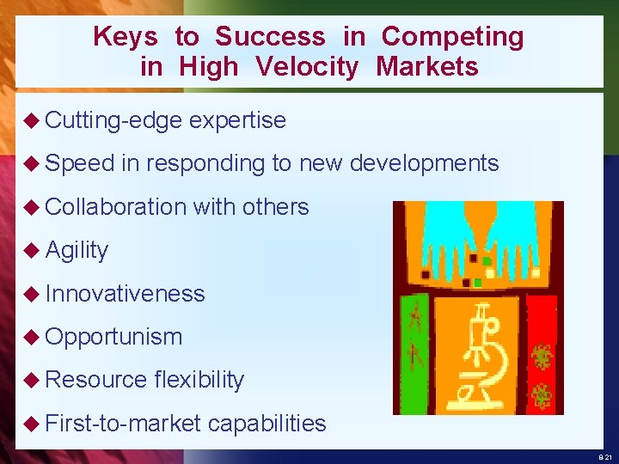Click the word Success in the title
point(270,37)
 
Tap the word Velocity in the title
point(306,67)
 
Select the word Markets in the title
point(426,67)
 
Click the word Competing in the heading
point(452,38)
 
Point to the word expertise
point(237,120)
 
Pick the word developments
point(425,163)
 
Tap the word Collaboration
point(115,206)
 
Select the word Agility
point(77,250)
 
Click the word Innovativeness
point(125,293)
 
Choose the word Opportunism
point(113,336)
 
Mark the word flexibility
point(199,379)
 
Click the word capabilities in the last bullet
point(267,423)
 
